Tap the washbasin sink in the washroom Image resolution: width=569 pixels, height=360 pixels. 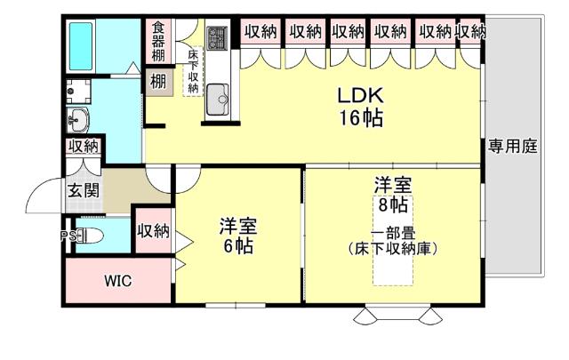tap(78, 118)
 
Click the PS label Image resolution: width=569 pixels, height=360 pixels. tap(66, 236)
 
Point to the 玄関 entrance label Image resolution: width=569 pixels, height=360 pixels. tap(83, 189)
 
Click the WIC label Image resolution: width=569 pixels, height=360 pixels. tap(118, 281)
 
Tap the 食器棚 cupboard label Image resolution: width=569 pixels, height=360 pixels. tap(158, 40)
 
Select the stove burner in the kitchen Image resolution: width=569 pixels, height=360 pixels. tap(218, 38)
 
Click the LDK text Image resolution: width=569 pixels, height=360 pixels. tap(359, 95)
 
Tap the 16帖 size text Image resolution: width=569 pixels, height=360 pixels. tap(359, 118)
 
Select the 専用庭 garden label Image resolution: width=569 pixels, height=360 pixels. tap(512, 147)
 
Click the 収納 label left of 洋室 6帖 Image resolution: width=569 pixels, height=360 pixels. tap(153, 231)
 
